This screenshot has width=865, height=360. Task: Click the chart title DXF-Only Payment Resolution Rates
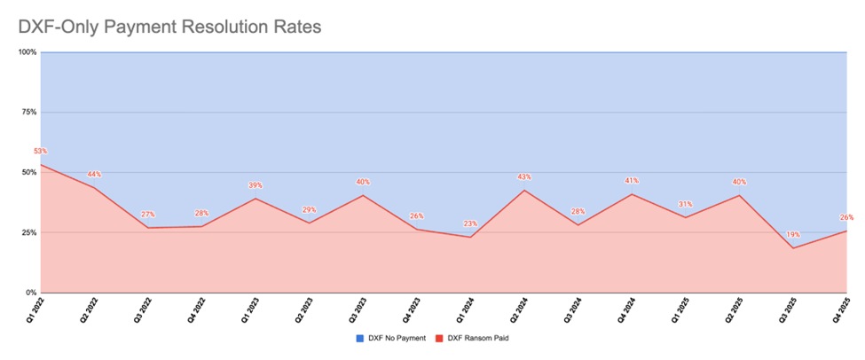click(x=169, y=27)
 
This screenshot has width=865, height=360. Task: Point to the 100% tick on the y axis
click(x=27, y=52)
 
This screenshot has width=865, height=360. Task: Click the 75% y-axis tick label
click(x=28, y=113)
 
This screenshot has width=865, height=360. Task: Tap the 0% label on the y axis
click(x=30, y=293)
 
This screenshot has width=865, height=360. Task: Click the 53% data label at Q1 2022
click(x=41, y=152)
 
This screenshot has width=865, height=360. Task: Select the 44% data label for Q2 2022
click(x=94, y=174)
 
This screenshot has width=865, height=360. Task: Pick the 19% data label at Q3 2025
click(x=793, y=235)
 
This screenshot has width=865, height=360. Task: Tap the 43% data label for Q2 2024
click(x=524, y=177)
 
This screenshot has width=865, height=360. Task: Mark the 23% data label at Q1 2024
click(x=470, y=223)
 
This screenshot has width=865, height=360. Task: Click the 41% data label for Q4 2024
click(x=632, y=181)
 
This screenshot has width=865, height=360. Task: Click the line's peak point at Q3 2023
click(x=363, y=195)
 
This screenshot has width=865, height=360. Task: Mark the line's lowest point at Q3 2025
click(x=793, y=248)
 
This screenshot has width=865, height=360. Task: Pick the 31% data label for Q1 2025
click(x=686, y=205)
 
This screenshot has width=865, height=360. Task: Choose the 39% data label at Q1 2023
click(x=256, y=185)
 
